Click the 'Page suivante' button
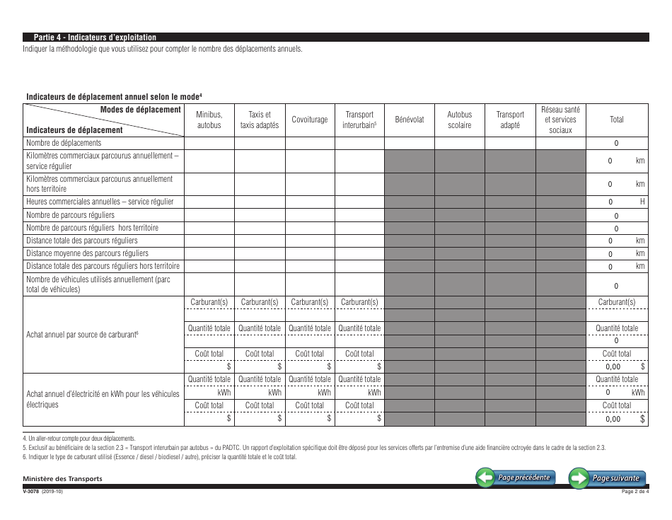click(x=608, y=478)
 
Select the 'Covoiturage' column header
click(x=310, y=120)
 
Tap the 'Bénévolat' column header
click(x=410, y=120)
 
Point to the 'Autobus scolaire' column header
click(x=460, y=120)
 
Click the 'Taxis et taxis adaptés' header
click(x=260, y=120)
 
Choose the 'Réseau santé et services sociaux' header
click(x=561, y=120)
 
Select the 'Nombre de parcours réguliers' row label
click(x=70, y=215)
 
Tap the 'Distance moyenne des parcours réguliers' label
click(x=87, y=253)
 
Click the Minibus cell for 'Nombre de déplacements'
click(x=209, y=143)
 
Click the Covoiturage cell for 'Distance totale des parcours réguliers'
click(x=310, y=241)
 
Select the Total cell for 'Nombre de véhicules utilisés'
click(x=616, y=286)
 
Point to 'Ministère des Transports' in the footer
click(x=64, y=479)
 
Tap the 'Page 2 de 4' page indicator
click(x=635, y=492)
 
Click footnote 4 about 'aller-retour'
click(x=79, y=439)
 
